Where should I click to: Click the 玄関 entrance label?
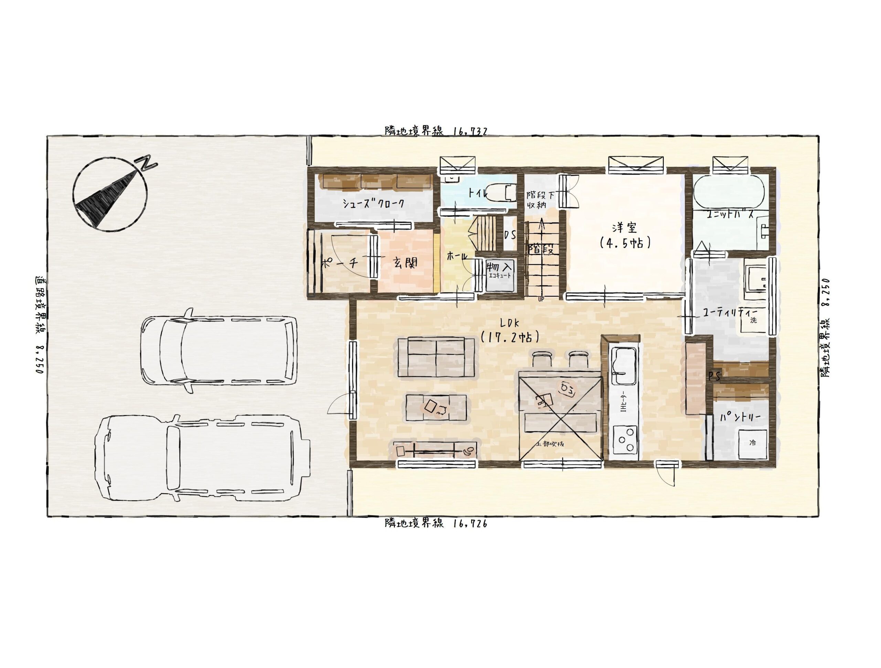(x=405, y=263)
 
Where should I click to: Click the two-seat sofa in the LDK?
(x=436, y=357)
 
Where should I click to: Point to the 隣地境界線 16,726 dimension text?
(x=436, y=523)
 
